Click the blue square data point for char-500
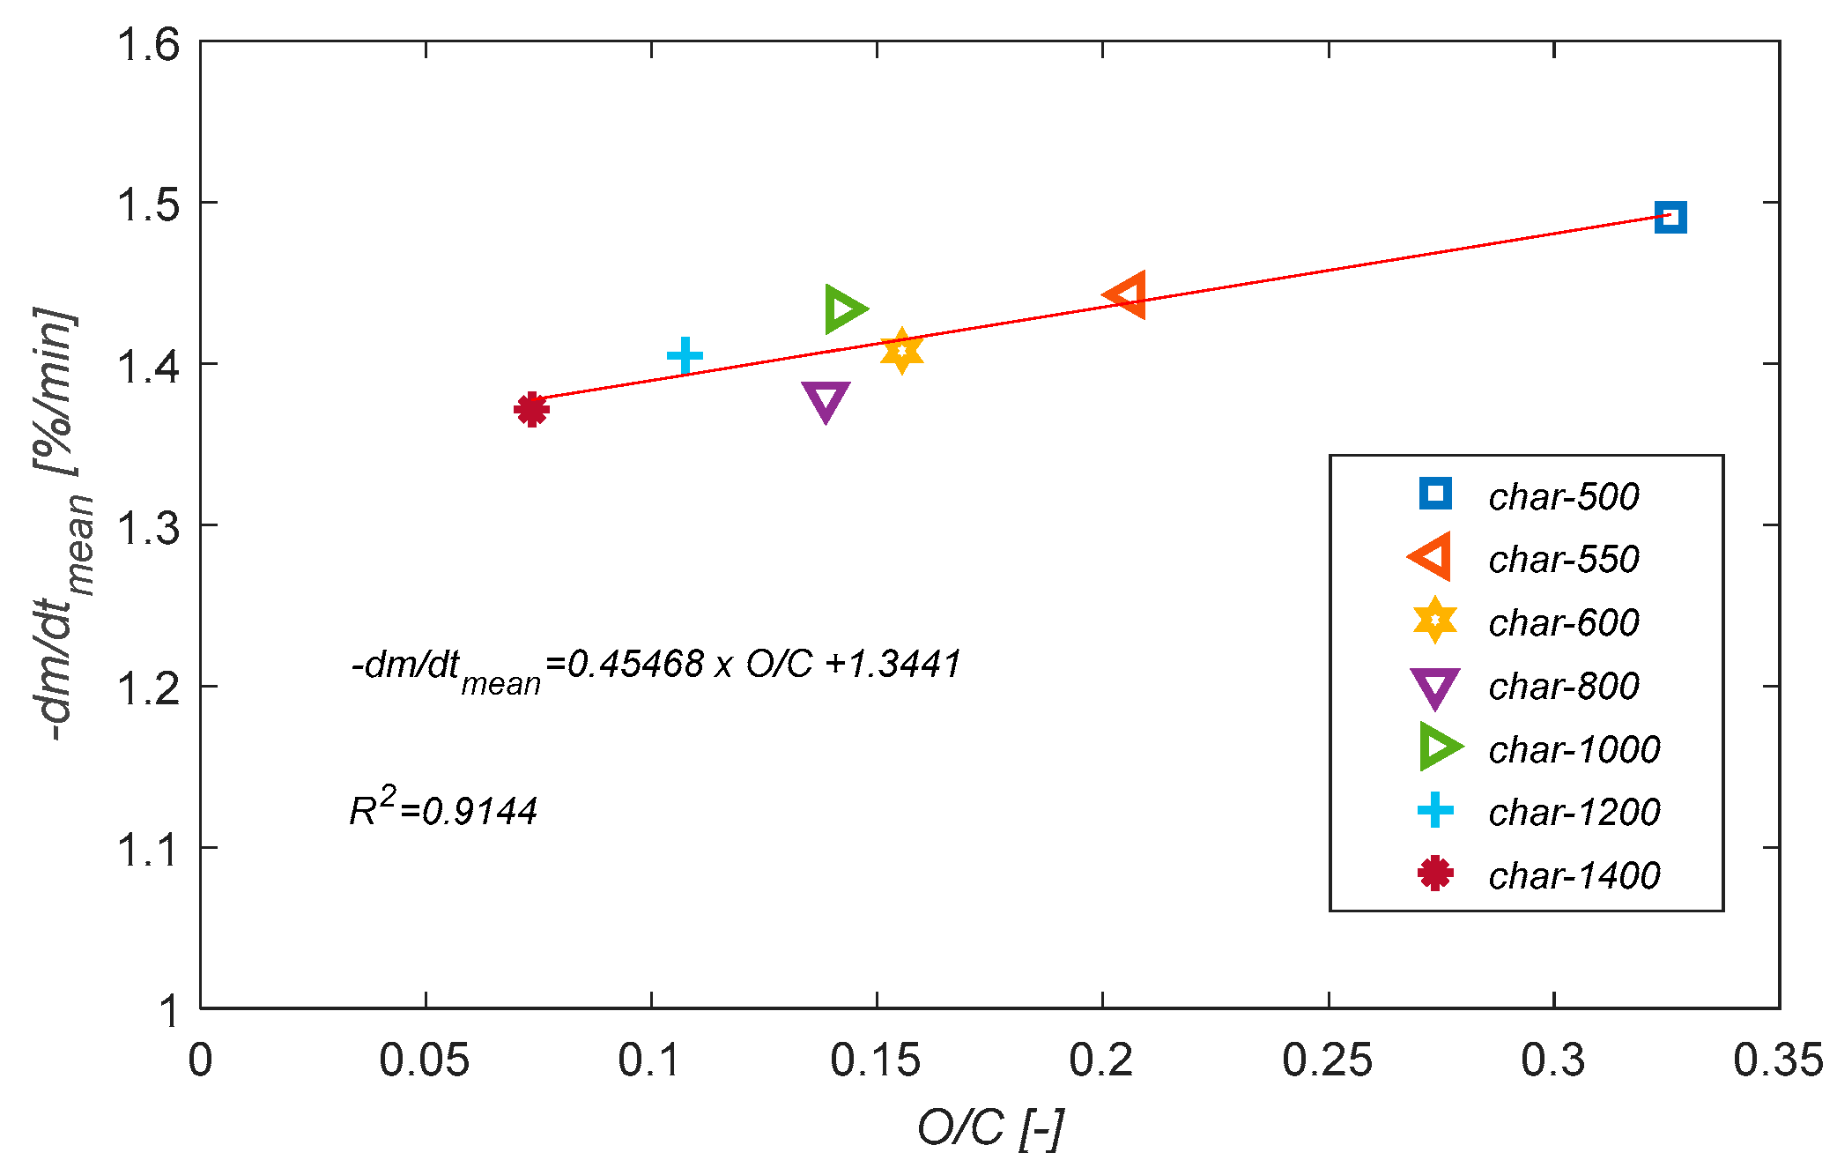(x=1670, y=217)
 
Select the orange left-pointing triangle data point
(x=1127, y=295)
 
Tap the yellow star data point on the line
(x=901, y=351)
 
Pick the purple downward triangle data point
(x=826, y=399)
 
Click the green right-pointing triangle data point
(x=843, y=309)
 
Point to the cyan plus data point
(x=685, y=356)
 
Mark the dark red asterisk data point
(x=531, y=409)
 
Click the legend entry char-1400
(x=1574, y=875)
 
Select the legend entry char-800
(x=1563, y=687)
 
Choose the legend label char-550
(x=1563, y=560)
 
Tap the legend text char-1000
(x=1574, y=750)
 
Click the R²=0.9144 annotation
(x=443, y=808)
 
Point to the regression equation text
(x=656, y=666)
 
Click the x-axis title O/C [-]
(x=990, y=1127)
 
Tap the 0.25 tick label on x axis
(x=1327, y=1060)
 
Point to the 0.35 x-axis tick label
(x=1777, y=1060)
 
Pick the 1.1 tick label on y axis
(x=148, y=851)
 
